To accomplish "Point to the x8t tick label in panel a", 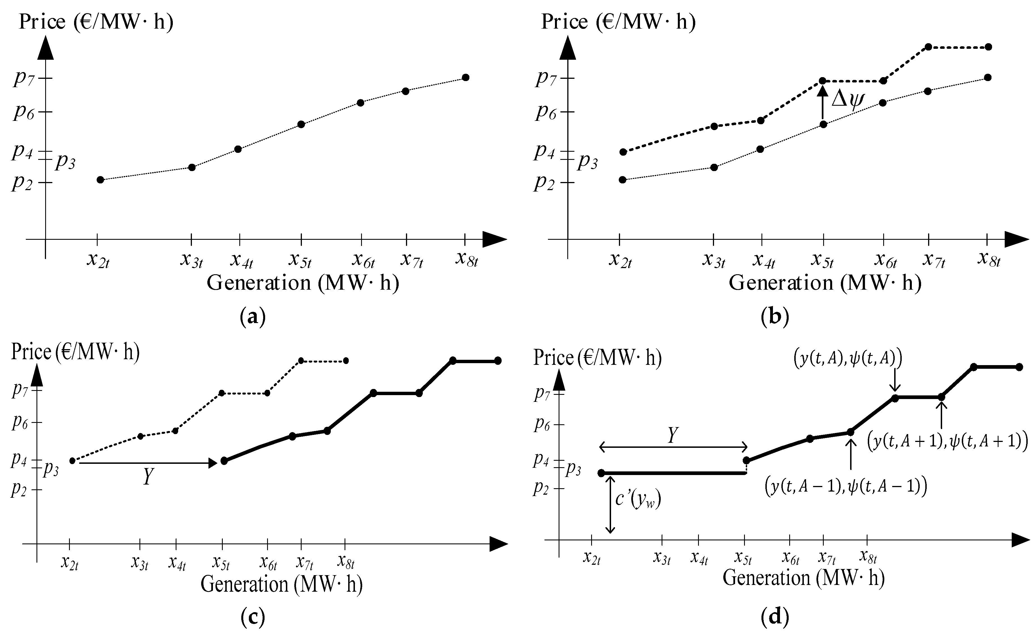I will [x=467, y=260].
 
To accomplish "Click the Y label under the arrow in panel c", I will [x=147, y=477].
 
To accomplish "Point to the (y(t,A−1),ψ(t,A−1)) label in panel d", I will [x=846, y=487].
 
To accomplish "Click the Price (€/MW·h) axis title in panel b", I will [x=618, y=21].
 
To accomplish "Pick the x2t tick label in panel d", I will [x=591, y=558].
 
